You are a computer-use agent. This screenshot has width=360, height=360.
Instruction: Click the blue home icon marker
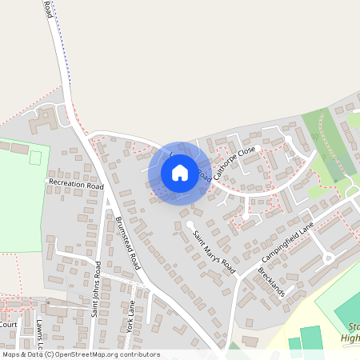coord(180,172)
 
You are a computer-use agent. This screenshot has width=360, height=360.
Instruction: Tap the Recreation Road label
coord(77,185)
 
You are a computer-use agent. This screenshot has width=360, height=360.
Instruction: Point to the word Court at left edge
coord(8,325)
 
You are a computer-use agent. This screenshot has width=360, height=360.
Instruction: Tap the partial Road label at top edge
coord(49,9)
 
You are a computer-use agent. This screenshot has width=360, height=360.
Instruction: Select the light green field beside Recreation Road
coord(20,200)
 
